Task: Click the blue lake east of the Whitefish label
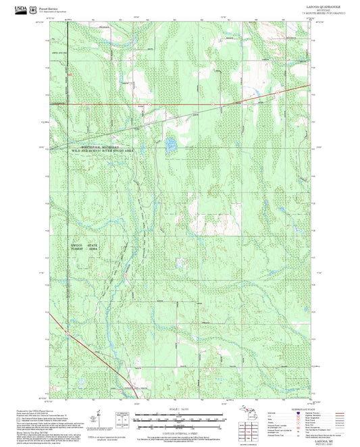(171, 143)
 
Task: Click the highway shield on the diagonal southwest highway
(68, 332)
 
